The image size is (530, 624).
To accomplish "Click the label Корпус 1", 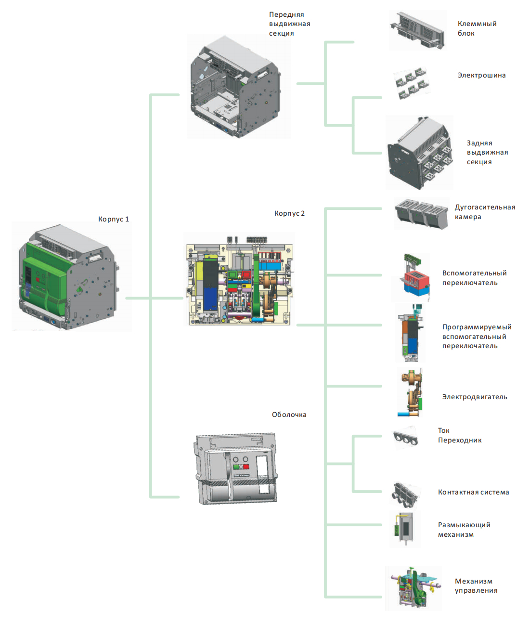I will pos(113,219).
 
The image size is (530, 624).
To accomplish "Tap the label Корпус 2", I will pos(289,213).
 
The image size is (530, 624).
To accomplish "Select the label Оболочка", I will pos(289,415).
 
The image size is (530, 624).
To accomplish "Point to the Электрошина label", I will pos(481,75).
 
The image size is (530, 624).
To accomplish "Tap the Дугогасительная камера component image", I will pos(421,213).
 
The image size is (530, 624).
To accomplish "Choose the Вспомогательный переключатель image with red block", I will pos(416,279).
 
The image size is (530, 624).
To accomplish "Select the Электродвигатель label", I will pos(475,397).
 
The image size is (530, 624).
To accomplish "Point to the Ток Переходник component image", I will pos(406,438).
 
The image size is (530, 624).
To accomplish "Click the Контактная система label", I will pos(473,492).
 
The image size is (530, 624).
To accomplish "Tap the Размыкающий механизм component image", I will pos(405,529).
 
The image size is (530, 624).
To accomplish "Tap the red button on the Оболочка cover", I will pos(246,467).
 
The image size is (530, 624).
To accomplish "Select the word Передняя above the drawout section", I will pos(286,14).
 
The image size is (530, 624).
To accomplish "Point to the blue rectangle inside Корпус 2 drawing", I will pos(210,299).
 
